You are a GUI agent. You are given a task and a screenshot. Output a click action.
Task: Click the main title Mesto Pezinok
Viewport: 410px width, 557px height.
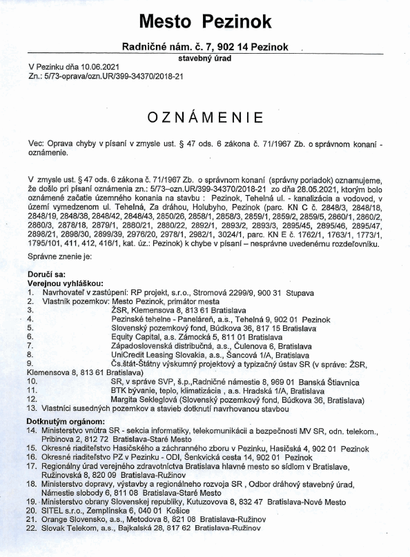click(x=204, y=21)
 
